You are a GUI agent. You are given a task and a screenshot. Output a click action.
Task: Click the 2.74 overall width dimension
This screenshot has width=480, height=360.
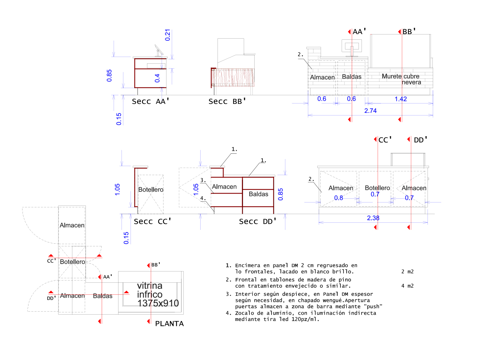tap(370, 111)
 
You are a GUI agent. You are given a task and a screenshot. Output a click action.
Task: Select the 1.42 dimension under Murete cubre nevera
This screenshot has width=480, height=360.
tap(400, 99)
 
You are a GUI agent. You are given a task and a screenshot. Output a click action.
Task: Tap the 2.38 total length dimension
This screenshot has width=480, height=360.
tap(373, 218)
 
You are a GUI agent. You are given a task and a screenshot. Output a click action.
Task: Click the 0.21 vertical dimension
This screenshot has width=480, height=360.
tap(168, 35)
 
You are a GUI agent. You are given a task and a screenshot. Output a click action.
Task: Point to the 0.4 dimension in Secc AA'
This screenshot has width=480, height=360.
tap(157, 78)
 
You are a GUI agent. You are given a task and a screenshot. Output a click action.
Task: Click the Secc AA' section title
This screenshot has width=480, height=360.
tap(151, 101)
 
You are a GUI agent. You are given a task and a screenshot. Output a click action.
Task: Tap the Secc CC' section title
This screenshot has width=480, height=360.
tap(152, 221)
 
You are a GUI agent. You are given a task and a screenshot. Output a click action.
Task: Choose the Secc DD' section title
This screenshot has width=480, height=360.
tap(258, 221)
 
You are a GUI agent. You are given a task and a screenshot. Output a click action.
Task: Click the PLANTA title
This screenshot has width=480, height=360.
tap(169, 324)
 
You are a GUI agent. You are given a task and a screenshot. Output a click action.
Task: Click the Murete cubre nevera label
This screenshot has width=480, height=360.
tap(401, 79)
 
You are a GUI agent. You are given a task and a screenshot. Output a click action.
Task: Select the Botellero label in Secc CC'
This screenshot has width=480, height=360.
tap(151, 190)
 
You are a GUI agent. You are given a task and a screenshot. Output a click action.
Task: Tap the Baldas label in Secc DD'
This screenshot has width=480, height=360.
tap(258, 194)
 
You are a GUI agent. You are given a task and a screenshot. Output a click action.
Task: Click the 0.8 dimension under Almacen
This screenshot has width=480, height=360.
tap(339, 198)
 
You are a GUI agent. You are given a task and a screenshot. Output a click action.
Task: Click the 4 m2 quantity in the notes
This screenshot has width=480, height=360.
tap(407, 286)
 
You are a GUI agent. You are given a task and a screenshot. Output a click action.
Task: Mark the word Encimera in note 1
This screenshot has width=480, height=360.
tap(249, 265)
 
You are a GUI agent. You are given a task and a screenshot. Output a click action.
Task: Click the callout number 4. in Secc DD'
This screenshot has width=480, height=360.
tap(203, 198)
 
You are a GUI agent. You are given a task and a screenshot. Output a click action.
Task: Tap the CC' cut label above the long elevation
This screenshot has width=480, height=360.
tap(385, 140)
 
